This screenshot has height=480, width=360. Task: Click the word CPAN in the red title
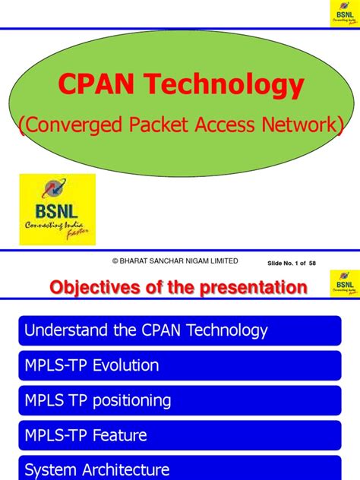[x=92, y=86]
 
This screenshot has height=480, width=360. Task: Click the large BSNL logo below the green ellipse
[x=57, y=209]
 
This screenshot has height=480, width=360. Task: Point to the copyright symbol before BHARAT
[x=115, y=261]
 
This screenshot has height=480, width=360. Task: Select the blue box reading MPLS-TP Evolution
[x=180, y=365]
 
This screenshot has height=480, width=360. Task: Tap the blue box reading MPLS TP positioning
[x=180, y=400]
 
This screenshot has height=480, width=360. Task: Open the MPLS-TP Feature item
[x=180, y=435]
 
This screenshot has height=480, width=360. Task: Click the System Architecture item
[x=180, y=469]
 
